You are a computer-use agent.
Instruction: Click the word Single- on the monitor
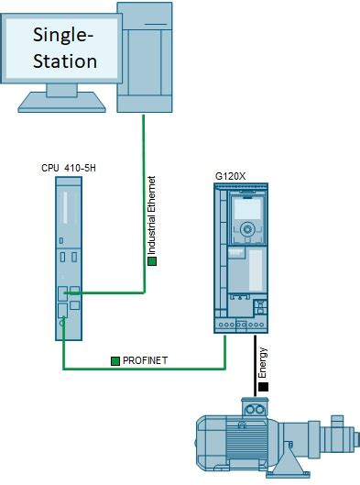click(x=63, y=36)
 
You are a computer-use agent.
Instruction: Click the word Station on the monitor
click(x=65, y=61)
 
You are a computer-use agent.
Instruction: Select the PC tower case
click(x=145, y=57)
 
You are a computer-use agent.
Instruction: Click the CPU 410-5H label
click(x=69, y=168)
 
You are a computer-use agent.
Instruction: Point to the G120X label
click(x=230, y=176)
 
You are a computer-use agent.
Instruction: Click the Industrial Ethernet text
click(x=151, y=215)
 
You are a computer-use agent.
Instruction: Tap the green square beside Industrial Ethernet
click(x=152, y=261)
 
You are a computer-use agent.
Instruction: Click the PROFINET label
click(x=145, y=360)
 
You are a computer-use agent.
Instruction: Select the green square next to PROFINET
click(x=115, y=361)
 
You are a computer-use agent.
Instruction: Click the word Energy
click(x=263, y=363)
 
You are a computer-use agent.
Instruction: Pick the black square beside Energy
click(x=263, y=387)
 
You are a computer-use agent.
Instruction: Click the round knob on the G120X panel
click(x=247, y=229)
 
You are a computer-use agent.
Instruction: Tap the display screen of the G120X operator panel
click(x=247, y=208)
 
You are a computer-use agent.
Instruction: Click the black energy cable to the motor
click(x=255, y=366)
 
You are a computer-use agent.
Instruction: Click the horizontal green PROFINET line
click(x=145, y=369)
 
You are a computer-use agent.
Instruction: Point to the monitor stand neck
click(x=61, y=90)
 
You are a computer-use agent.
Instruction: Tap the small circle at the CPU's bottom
click(x=62, y=324)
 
